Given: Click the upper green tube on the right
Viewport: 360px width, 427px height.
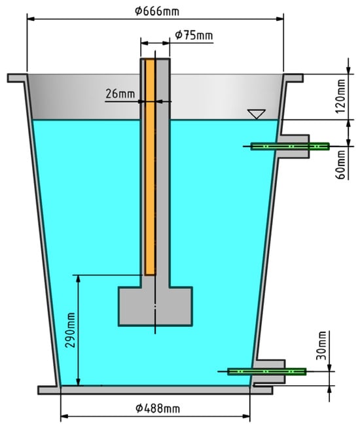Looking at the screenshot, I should pyautogui.click(x=289, y=146).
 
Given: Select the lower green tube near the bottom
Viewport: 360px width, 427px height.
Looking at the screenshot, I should pyautogui.click(x=266, y=371).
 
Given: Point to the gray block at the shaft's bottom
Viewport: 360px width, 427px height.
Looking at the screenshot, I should pyautogui.click(x=156, y=306).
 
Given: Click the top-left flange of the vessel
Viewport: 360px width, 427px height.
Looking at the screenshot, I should pyautogui.click(x=18, y=78).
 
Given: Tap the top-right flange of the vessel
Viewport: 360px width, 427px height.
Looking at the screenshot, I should pyautogui.click(x=294, y=78).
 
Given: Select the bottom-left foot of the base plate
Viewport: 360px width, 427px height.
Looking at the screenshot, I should pyautogui.click(x=48, y=390).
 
